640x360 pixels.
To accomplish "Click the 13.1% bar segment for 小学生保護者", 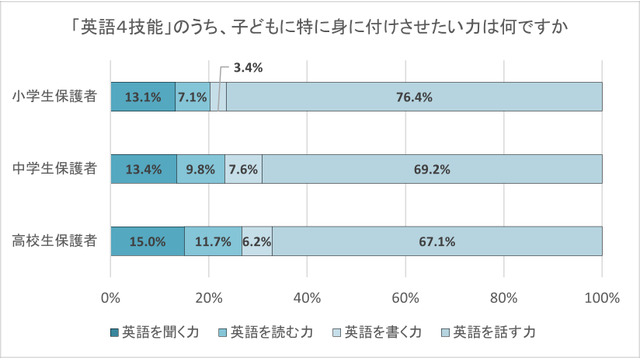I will point(143,97).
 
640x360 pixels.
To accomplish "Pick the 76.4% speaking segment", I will point(414,97).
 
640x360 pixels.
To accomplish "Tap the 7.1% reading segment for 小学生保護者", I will point(193,97).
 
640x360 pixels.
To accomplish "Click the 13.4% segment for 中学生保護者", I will point(144,169).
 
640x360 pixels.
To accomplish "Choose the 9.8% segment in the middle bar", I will point(201,169).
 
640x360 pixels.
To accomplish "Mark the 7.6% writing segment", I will point(244,169).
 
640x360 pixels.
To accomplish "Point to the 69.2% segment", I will point(432,169).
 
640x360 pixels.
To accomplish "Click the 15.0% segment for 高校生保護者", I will point(148,241).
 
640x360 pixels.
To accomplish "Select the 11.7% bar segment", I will point(213,241).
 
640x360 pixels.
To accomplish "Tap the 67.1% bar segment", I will point(437,241).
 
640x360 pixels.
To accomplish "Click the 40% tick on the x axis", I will point(307,297).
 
